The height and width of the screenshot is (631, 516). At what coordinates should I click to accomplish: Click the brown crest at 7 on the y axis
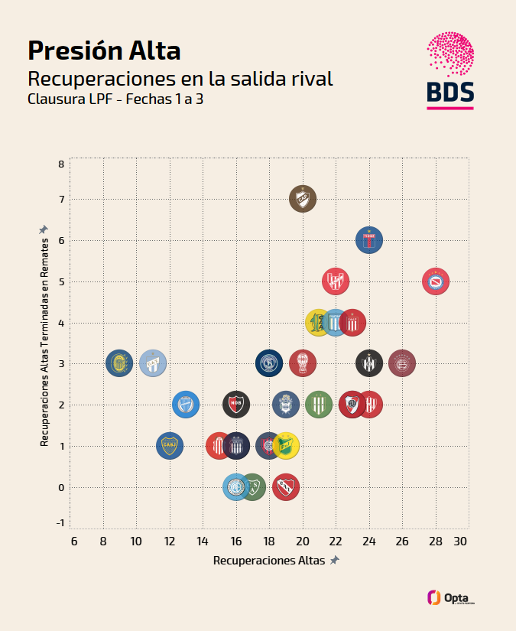(303, 199)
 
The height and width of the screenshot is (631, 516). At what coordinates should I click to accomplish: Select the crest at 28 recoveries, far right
(436, 281)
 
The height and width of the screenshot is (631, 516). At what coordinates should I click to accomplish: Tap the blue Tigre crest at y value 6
(369, 240)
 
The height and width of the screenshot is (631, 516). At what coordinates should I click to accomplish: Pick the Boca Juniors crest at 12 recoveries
(170, 446)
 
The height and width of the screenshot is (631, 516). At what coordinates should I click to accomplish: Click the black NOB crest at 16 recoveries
(236, 404)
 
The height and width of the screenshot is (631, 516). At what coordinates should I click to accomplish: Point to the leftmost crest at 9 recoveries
(119, 363)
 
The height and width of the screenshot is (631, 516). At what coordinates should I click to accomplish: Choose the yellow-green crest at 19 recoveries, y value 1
(286, 445)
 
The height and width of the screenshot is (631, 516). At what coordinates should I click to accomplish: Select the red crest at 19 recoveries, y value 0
(286, 486)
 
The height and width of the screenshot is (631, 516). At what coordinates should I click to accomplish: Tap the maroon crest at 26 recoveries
(402, 363)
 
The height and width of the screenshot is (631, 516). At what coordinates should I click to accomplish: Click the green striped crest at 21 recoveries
(319, 404)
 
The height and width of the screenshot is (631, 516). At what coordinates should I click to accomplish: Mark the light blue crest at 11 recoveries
(153, 363)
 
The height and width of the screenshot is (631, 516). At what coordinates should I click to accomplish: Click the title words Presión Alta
(104, 50)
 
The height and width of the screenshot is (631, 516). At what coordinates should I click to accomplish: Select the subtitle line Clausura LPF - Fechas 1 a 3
(115, 99)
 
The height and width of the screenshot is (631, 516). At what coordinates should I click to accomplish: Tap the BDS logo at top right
(450, 71)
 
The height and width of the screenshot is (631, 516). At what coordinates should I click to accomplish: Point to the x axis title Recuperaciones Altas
(269, 561)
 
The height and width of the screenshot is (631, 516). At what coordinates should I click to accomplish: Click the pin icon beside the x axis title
(334, 561)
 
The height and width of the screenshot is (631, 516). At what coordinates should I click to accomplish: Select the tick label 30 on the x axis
(459, 542)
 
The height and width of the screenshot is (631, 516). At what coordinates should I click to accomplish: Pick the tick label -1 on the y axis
(61, 523)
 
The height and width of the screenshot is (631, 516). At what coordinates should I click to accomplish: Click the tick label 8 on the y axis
(61, 164)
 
